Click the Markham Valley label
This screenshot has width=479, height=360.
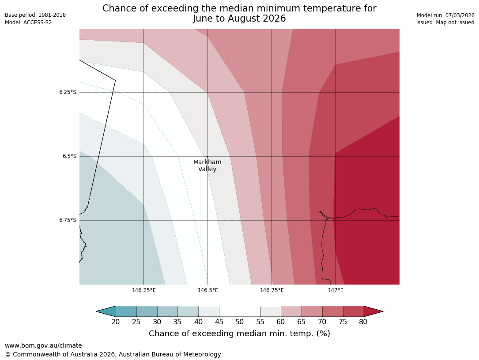(x=207, y=165)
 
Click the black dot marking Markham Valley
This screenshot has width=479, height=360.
(x=207, y=156)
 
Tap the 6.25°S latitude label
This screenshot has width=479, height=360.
(x=68, y=92)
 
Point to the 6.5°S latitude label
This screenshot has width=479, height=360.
(x=69, y=156)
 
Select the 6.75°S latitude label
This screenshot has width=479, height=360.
(x=68, y=220)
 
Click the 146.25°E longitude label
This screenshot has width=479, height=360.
(x=143, y=290)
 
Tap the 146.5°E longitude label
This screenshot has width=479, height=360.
(x=208, y=290)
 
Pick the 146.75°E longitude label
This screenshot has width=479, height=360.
(x=272, y=290)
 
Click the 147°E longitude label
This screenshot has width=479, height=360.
(x=336, y=290)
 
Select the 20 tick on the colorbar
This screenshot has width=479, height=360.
(x=116, y=322)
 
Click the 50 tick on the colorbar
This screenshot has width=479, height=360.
(x=240, y=322)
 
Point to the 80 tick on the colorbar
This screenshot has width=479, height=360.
(x=363, y=322)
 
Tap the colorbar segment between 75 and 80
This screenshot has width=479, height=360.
(x=353, y=311)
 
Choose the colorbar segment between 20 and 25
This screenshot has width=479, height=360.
(x=126, y=311)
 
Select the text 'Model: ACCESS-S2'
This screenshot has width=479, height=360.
(x=28, y=22)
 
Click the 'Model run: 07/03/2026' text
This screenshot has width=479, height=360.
(x=445, y=15)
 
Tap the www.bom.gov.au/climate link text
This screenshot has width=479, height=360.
(x=43, y=345)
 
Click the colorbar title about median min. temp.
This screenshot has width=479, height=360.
(x=239, y=334)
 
